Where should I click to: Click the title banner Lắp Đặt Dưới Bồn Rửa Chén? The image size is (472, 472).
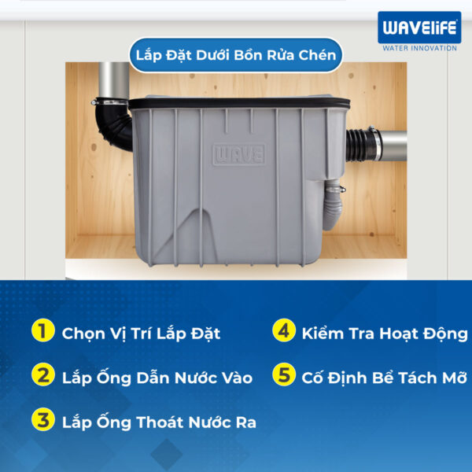tap(235, 55)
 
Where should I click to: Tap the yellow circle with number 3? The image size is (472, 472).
tap(44, 421)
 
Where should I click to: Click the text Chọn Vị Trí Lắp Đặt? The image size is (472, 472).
tap(141, 333)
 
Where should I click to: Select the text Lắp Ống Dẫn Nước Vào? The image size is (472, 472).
tap(157, 378)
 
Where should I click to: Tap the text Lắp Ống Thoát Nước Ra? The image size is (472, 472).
tap(159, 422)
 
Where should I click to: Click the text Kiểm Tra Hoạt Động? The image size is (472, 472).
tap(385, 333)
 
